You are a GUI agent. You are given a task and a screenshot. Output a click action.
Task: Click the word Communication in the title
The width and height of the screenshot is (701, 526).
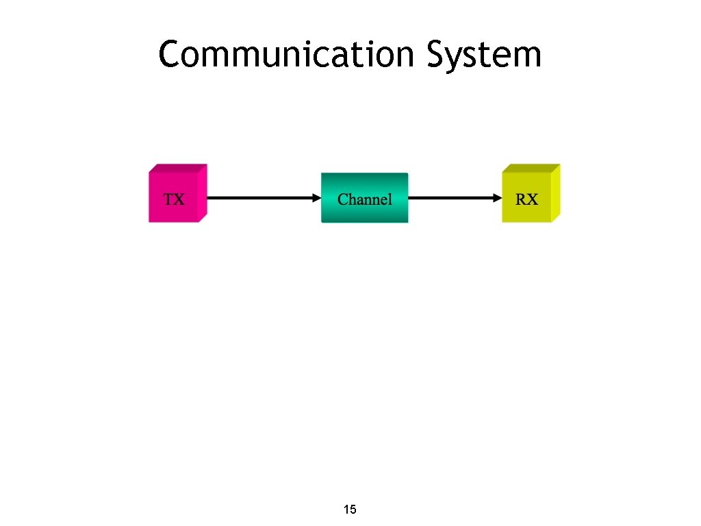[286, 55]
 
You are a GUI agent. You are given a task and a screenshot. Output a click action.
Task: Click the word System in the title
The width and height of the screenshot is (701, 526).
[483, 55]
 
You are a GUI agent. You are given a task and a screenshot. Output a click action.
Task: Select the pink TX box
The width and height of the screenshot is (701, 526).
[174, 199]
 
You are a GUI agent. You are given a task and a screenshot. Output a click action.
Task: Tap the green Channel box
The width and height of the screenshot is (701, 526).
[364, 199]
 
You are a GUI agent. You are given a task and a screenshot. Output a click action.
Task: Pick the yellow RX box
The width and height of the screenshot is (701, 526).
[526, 199]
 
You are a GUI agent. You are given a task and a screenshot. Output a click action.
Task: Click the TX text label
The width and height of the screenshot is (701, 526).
[174, 200]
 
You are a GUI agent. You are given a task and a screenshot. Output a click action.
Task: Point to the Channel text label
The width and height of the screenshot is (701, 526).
[364, 200]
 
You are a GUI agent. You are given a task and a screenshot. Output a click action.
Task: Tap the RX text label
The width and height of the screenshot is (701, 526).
[526, 200]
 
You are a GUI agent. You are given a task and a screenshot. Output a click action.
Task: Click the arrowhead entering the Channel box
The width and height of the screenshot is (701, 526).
[316, 199]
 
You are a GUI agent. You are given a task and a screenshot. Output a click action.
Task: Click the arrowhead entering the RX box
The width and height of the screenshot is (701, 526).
[497, 199]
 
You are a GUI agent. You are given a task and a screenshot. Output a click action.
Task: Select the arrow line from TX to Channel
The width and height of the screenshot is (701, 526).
[260, 199]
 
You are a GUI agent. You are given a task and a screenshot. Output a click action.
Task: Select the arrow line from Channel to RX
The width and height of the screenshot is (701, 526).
[452, 199]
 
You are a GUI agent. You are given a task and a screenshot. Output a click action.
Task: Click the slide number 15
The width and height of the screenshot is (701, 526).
[349, 510]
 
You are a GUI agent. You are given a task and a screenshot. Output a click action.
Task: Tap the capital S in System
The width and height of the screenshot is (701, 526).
[437, 55]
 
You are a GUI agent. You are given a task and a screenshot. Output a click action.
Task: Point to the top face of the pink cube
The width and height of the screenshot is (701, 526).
[179, 168]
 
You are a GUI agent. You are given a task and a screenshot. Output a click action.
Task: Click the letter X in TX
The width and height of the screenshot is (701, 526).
[179, 200]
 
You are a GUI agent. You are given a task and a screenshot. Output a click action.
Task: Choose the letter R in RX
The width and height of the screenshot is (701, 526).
[521, 200]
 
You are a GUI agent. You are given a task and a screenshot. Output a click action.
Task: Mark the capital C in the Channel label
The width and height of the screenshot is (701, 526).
[343, 200]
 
